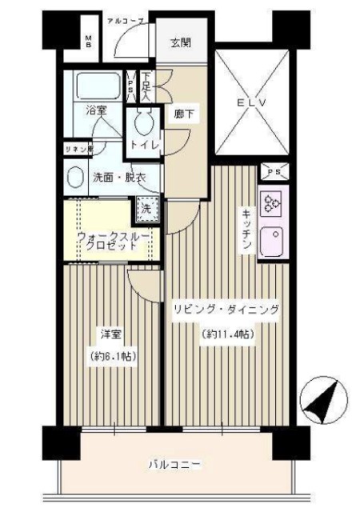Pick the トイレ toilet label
146,146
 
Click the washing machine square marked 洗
146,208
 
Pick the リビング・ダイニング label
226,309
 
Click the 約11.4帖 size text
227,334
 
